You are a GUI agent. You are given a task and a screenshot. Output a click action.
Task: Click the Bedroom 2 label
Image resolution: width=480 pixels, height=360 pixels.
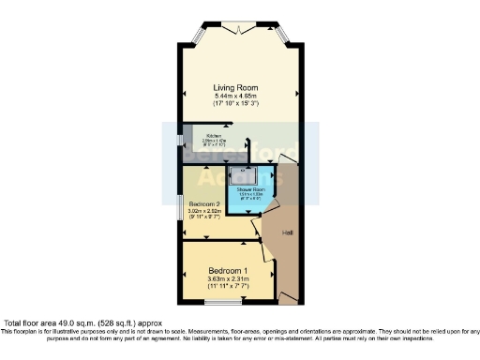[204, 204]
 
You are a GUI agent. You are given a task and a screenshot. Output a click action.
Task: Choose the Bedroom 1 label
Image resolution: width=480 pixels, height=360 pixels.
[229, 270]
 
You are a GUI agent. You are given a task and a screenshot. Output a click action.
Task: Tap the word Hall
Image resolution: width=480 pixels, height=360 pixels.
[287, 232]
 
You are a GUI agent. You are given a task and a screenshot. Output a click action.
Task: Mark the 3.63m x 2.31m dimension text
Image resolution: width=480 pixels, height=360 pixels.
[229, 279]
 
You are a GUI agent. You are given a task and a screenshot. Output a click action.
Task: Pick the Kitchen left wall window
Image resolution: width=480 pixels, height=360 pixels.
[182, 141]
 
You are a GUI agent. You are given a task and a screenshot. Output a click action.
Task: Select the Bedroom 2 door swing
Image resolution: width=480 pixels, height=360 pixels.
[255, 228]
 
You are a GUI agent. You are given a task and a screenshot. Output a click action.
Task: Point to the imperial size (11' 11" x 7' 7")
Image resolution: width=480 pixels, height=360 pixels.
[229, 288]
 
